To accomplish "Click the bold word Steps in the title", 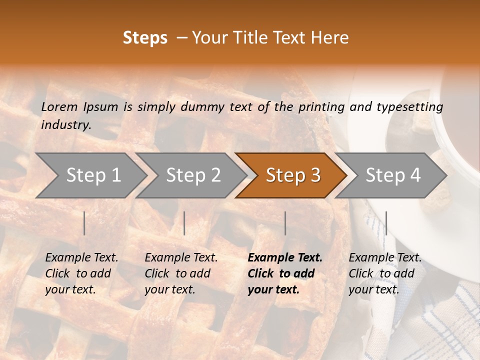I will (145, 38).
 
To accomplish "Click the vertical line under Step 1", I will (84, 223).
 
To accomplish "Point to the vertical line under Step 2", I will (184, 223).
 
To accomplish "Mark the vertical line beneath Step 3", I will (285, 223).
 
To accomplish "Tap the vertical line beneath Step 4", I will (386, 223).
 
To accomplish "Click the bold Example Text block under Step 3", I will (285, 273).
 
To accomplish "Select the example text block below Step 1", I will (82, 273).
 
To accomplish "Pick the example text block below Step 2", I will (181, 273).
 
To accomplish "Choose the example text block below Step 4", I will (385, 273).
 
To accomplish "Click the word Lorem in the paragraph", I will (59, 106).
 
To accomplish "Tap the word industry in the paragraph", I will (66, 125).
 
